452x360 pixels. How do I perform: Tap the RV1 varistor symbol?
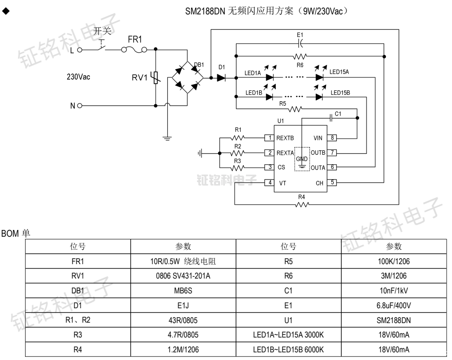tap(155, 77)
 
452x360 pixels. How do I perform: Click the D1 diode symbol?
tap(221, 77)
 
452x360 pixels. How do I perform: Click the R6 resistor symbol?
tap(300, 57)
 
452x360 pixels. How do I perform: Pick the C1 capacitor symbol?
tap(332, 118)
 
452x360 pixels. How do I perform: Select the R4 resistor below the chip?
tap(302, 205)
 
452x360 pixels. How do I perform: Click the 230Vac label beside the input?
tap(78, 77)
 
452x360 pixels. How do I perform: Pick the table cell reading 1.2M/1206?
tap(183, 350)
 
